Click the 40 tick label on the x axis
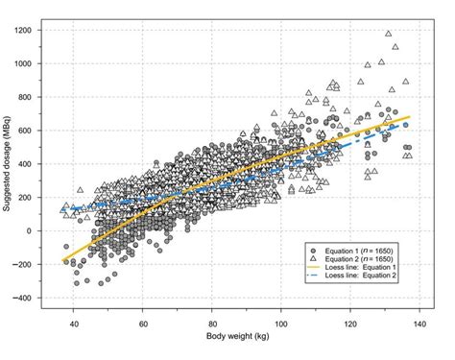73,323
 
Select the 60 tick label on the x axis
142,323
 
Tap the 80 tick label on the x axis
212,323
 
